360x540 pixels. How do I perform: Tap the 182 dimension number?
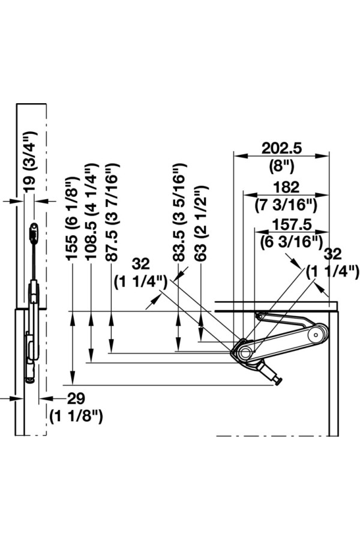286,187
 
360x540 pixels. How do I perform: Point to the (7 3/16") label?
286,205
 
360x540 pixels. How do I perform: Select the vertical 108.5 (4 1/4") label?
92,211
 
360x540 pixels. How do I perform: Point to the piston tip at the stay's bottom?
277,381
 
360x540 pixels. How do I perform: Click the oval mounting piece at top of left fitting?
34,229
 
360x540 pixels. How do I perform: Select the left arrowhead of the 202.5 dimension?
238,155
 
